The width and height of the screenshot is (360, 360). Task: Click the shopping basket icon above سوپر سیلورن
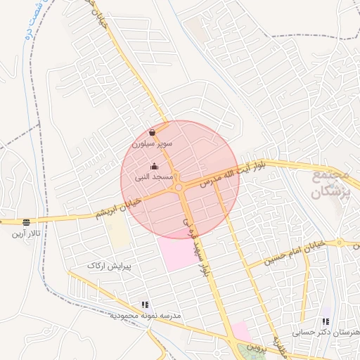(153, 132)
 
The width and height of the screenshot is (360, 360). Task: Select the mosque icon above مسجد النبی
(155, 167)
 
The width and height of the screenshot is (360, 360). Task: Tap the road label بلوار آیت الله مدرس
(232, 174)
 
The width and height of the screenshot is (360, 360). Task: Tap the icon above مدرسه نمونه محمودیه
(146, 305)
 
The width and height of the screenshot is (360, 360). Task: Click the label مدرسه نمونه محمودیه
(145, 316)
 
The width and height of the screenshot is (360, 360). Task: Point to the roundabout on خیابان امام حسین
(340, 243)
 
